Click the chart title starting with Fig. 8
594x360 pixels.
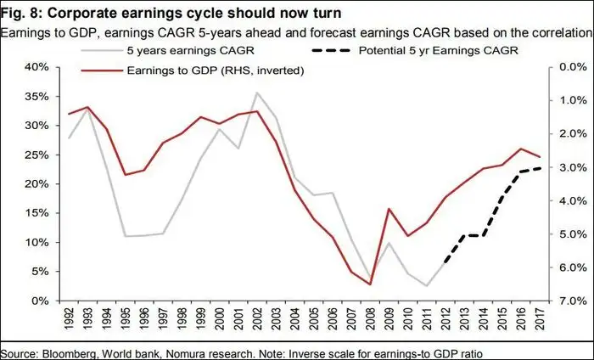pos(162,14)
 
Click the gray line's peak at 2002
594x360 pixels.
pos(257,93)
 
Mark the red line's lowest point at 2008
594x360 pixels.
pos(370,284)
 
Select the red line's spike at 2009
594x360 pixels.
pos(389,209)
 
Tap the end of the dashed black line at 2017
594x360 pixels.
pos(538,167)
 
